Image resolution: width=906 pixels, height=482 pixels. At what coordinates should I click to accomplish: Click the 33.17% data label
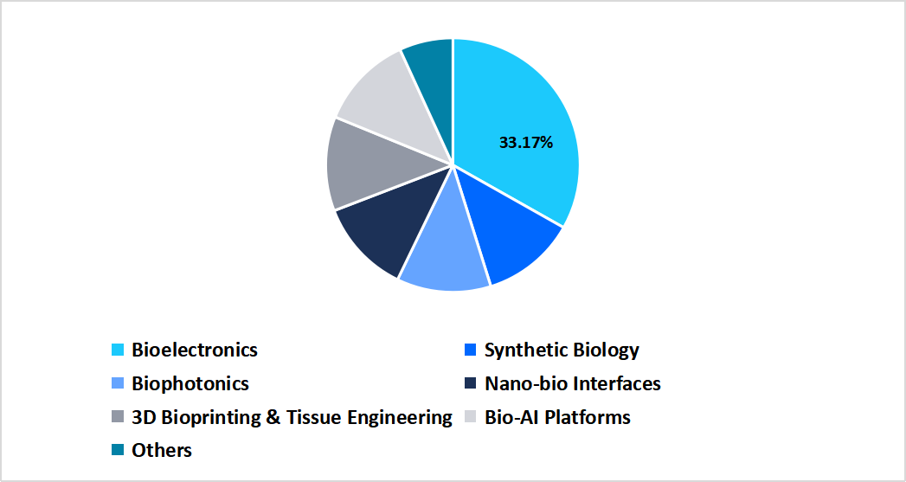(525, 143)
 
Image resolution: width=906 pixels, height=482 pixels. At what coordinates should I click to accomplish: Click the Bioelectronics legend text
(195, 350)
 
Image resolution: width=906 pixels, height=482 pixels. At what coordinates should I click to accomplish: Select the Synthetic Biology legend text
(562, 350)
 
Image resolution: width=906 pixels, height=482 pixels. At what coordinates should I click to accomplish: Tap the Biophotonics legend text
(190, 383)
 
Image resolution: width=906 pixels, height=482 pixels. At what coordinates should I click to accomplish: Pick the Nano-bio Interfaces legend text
(573, 383)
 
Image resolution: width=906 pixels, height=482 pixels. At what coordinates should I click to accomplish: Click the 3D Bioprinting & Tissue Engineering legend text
(292, 417)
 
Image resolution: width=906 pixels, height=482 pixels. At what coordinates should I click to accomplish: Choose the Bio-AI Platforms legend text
(557, 417)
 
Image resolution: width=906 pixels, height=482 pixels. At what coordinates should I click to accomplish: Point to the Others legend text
(162, 450)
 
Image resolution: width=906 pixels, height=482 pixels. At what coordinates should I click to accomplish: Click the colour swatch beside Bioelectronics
(118, 350)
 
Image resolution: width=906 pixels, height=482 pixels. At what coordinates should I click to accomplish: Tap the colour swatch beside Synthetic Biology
(471, 350)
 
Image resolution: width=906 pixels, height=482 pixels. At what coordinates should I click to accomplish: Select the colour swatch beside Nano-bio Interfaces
(471, 384)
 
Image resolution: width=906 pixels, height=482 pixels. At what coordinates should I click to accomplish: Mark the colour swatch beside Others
(118, 451)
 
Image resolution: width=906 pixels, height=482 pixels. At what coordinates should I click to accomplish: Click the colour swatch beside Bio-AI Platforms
(471, 418)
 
